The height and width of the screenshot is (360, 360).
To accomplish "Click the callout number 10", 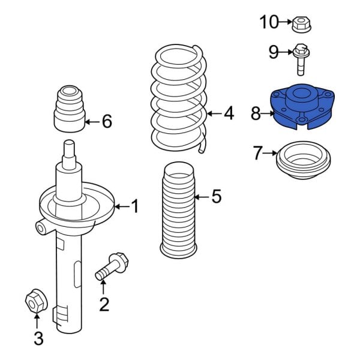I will click(x=269, y=23).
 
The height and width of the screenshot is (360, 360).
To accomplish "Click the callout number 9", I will click(x=274, y=53).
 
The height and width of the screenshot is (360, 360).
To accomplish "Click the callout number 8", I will click(x=256, y=113).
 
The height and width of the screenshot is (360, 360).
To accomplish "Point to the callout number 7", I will click(x=257, y=154).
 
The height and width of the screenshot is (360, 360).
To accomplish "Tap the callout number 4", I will click(x=229, y=113).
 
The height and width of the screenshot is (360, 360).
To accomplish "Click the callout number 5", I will click(x=217, y=196).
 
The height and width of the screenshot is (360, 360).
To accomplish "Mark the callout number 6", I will click(x=107, y=122).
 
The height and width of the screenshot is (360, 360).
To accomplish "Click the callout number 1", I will click(x=134, y=207).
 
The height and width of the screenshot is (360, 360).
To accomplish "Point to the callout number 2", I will click(x=104, y=305).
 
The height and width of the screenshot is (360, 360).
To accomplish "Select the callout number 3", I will click(x=38, y=339).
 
